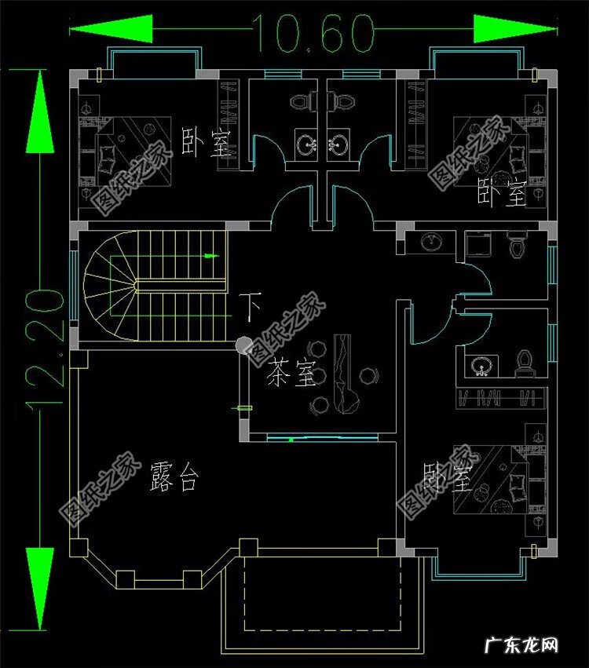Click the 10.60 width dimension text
tap(312, 32)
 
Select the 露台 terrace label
tap(174, 478)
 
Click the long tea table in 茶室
tap(346, 373)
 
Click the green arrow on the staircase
tap(208, 256)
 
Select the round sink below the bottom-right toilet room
tap(480, 364)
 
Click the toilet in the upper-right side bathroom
tap(516, 246)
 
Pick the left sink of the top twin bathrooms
tap(307, 144)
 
